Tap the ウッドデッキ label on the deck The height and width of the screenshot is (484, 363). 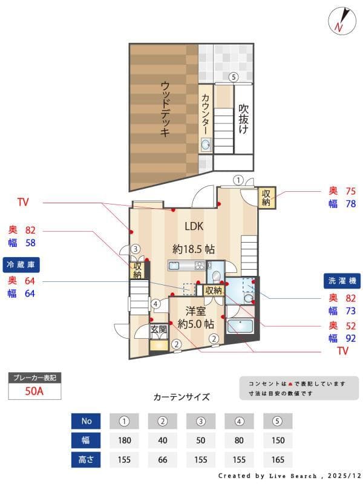(165, 110)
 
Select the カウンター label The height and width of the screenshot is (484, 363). (206, 114)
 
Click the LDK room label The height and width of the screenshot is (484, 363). (194, 226)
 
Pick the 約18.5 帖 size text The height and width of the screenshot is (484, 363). (194, 249)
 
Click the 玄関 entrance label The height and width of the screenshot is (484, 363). (159, 330)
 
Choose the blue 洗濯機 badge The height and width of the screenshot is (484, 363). (342, 281)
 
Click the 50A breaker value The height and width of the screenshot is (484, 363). (34, 391)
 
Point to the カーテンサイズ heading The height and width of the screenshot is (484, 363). (181, 397)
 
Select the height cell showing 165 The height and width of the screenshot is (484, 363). (278, 459)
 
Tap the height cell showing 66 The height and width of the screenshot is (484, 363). (162, 459)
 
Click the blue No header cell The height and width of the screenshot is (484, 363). (86, 420)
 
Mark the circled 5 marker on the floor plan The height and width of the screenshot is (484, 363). (233, 77)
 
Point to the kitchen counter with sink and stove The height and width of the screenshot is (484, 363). (187, 266)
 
